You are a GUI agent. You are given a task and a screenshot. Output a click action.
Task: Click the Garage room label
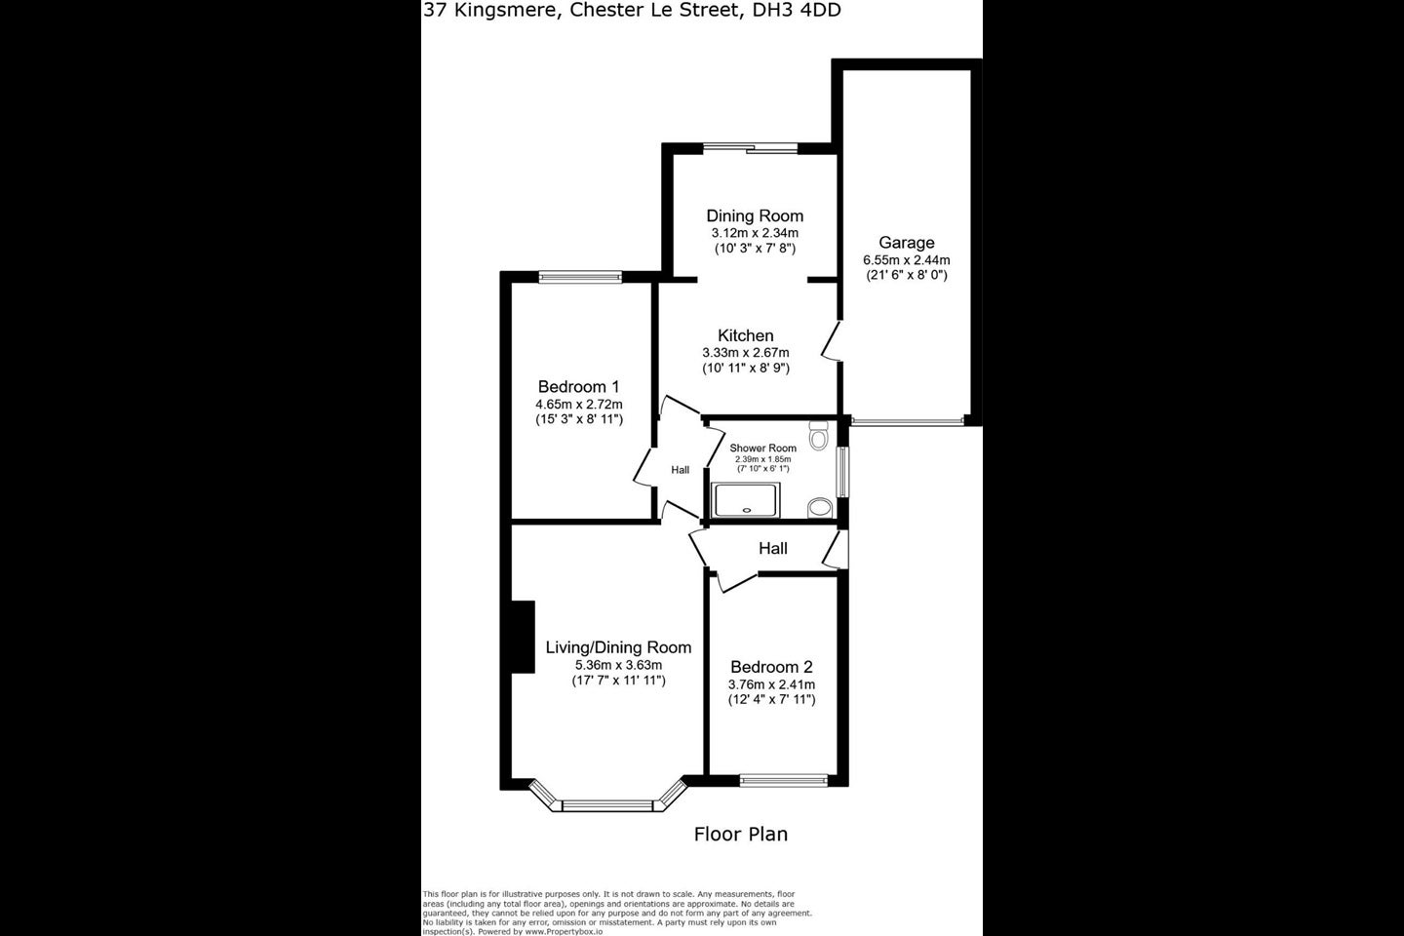(907, 243)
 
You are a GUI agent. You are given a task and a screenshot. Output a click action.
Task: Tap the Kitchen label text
(746, 335)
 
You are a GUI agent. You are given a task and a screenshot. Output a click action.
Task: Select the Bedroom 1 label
(578, 386)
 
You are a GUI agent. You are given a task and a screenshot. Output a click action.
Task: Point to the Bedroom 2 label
(771, 667)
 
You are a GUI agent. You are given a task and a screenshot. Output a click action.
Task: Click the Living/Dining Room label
(618, 647)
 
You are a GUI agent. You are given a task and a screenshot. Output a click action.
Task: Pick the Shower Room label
(762, 448)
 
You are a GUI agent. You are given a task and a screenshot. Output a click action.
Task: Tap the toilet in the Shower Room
(819, 436)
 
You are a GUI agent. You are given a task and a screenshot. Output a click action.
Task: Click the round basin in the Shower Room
(819, 507)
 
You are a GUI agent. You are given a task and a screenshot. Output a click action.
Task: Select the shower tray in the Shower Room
(747, 500)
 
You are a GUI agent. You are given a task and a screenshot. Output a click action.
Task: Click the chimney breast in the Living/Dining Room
(523, 637)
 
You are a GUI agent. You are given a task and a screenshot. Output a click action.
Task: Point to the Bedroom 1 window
(580, 277)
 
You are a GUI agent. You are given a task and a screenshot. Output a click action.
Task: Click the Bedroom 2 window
(784, 781)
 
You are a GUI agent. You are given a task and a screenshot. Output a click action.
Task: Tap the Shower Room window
(843, 472)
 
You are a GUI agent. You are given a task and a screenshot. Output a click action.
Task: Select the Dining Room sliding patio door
(750, 148)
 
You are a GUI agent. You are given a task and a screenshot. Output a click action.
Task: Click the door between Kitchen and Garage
(832, 341)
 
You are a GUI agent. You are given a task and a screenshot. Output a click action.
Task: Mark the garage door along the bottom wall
(907, 421)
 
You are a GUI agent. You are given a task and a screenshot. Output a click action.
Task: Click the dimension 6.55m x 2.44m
(907, 259)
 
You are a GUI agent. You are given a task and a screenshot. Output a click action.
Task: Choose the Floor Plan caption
(741, 835)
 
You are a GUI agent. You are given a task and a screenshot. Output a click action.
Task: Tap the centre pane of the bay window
(608, 805)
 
